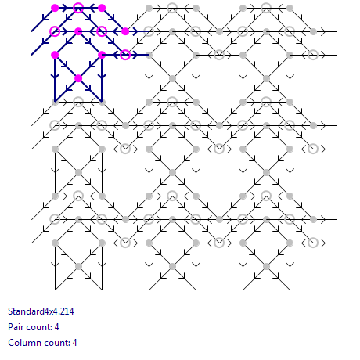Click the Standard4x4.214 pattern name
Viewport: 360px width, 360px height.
pos(41,311)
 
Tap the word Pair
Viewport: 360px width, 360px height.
pos(16,327)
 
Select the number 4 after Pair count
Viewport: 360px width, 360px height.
pos(56,327)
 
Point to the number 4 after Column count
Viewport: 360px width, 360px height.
pos(74,343)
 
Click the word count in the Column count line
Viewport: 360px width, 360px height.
pos(56,343)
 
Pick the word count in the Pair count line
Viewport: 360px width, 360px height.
pos(38,327)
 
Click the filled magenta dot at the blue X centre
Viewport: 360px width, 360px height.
pos(78,78)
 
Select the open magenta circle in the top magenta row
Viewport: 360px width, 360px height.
pos(78,8)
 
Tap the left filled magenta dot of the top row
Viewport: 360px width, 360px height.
pos(55,8)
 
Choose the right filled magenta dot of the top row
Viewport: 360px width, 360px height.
pos(102,8)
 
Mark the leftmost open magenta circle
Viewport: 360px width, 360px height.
pos(55,31)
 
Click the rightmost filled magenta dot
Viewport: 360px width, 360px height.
pos(125,31)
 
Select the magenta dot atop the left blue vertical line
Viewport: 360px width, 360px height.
pos(55,55)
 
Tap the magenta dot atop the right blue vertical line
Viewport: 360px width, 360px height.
pos(102,55)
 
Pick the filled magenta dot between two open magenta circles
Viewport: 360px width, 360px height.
pos(78,31)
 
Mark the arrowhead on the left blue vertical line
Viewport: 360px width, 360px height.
pos(55,76)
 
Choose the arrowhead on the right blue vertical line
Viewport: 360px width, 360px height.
pos(102,76)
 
